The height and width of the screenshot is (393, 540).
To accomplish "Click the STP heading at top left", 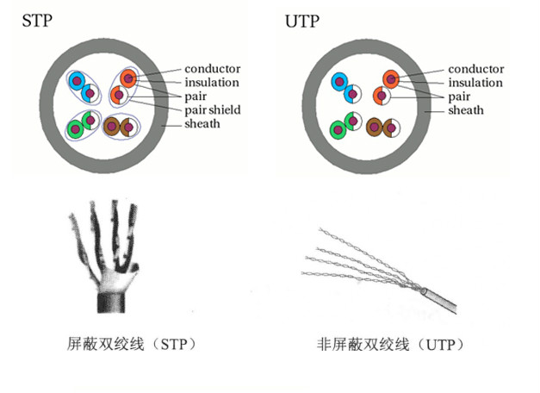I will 35,20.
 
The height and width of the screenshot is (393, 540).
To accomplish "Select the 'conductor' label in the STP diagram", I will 212,69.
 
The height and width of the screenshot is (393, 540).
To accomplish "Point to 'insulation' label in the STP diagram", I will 212,83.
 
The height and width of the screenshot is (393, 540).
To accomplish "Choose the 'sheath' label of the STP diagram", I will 202,123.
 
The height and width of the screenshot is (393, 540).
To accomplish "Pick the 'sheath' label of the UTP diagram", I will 465,110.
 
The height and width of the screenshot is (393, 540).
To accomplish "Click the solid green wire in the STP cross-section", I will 76,129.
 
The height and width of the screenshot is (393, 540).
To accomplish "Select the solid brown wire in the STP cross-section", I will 112,127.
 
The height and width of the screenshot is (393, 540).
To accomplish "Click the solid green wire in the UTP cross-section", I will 338,130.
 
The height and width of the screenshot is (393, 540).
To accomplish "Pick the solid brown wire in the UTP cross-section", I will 375,128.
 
